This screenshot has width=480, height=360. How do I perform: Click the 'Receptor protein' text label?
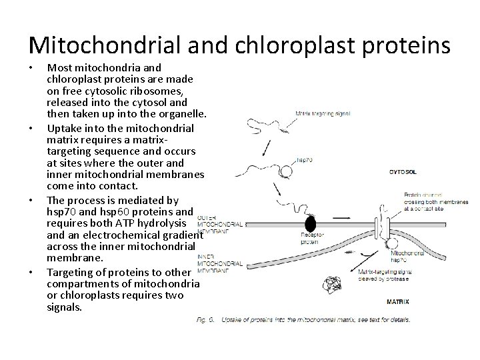point(297,239)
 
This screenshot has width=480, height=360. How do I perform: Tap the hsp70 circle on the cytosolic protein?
point(286,171)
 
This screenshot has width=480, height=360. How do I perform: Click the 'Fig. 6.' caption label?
point(206,319)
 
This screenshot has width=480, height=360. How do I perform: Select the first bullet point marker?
point(33,68)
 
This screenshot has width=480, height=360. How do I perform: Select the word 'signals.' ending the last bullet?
point(65,307)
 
